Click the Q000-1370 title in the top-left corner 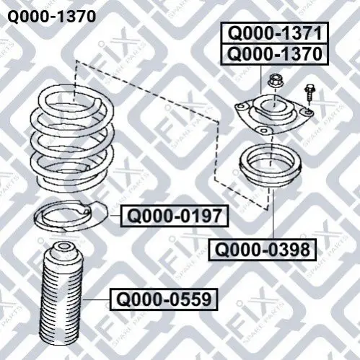coord(52,17)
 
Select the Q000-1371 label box coord(274,33)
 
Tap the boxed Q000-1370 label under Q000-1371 coord(274,54)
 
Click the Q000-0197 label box coord(175,216)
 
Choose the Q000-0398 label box coord(262,250)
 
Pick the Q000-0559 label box coord(164,299)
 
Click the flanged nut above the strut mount coord(276,81)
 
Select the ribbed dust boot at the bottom coord(60,294)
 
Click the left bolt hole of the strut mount coord(242,107)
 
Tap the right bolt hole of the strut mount coord(309,111)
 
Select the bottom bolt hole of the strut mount coord(264,131)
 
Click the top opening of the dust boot coord(63,246)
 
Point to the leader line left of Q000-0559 coord(97,299)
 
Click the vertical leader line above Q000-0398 coord(273,214)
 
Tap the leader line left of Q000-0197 coord(115,216)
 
